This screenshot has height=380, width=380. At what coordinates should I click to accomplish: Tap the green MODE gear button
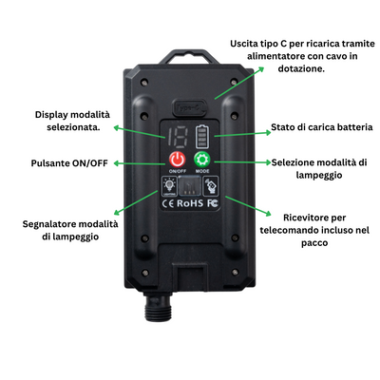202,160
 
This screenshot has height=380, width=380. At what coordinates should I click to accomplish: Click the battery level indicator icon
202,137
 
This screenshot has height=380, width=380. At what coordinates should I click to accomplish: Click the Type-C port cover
189,107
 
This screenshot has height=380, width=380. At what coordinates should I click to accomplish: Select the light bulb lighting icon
169,186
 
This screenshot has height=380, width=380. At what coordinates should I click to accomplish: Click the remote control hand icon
210,185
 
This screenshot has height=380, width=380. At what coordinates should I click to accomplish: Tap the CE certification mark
168,203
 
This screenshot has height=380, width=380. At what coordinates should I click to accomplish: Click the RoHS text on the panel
190,203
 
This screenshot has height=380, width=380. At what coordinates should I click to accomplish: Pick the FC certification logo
213,203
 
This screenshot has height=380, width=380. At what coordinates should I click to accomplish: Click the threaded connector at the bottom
159,306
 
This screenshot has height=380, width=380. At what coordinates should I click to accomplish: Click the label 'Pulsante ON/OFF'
69,163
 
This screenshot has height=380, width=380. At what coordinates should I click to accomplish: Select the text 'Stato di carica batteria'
322,127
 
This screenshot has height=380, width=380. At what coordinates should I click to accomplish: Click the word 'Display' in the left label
50,115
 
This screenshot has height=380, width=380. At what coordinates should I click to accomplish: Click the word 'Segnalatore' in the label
49,224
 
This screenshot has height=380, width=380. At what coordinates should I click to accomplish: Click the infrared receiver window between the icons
190,186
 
